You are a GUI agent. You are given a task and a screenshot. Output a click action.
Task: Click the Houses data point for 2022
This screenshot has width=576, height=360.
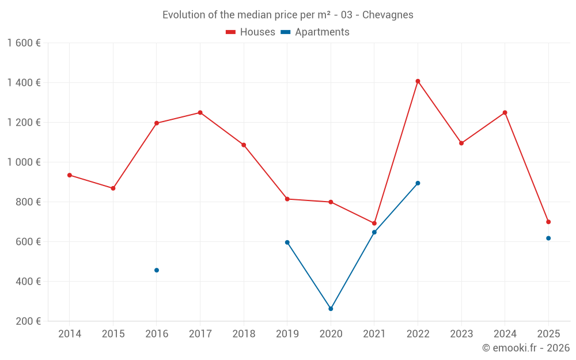coord(418,81)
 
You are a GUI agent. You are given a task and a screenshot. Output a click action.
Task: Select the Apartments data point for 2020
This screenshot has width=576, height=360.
coord(331,309)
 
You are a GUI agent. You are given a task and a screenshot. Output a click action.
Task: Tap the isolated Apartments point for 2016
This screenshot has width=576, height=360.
coord(157,270)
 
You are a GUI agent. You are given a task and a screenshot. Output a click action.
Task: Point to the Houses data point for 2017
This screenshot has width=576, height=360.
coord(200,112)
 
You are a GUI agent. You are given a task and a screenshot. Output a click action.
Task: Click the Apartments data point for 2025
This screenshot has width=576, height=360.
coord(548,238)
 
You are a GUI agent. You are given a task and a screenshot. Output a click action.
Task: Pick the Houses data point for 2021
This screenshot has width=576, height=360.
coord(374,223)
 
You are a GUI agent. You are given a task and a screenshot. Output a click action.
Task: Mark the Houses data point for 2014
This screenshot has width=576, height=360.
coord(70,175)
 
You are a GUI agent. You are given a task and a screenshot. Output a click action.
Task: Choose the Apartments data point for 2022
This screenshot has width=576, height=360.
coord(418,183)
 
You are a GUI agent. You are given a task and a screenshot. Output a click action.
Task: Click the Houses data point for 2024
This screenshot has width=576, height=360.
coord(505,112)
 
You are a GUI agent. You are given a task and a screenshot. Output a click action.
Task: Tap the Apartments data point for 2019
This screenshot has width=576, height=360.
coord(287,242)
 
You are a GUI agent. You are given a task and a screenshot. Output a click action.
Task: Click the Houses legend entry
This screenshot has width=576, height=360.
coord(251,32)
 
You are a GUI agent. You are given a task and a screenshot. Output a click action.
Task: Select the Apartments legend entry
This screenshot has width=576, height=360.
coord(315,32)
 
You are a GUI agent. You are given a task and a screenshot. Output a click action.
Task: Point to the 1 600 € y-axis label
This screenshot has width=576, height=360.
coord(24,43)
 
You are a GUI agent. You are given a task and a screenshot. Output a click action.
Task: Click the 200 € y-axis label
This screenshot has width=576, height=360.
coord(28,321)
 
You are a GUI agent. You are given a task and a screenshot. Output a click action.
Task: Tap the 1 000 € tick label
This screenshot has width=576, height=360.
coord(24,162)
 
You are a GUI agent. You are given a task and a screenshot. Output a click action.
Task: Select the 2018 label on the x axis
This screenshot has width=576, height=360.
coord(244,334)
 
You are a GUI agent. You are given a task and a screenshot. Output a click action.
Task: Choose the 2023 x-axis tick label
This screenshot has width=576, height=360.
coord(461,334)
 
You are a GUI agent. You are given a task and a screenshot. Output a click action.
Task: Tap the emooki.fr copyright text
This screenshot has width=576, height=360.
coord(526,348)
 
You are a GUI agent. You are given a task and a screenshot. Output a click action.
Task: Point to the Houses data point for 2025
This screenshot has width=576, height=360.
coord(548,222)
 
